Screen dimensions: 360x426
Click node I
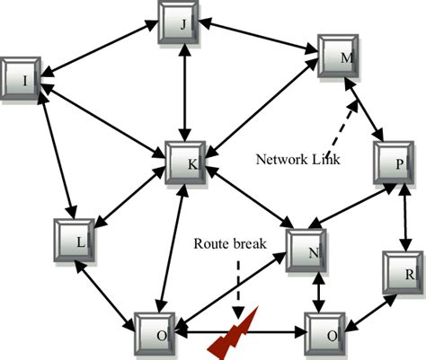tap(22, 80)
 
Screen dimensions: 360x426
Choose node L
tap(75, 241)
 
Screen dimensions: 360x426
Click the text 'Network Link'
tap(297, 159)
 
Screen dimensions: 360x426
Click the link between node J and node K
tap(186, 94)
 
